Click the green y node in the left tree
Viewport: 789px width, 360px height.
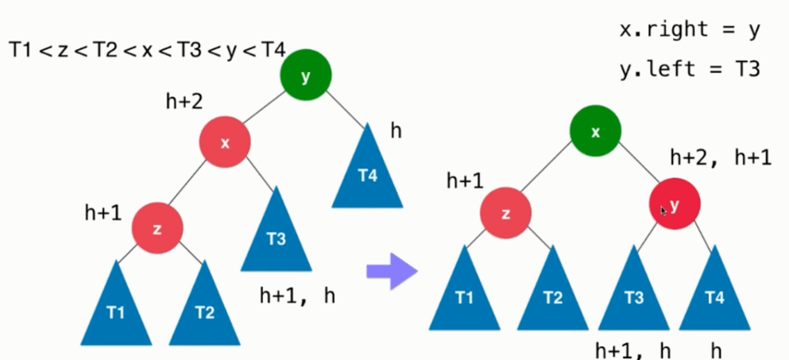306,75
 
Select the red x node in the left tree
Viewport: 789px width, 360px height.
225,142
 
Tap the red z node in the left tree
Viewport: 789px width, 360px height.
157,228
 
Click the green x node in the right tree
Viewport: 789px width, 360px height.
595,132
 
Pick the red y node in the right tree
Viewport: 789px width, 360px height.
675,205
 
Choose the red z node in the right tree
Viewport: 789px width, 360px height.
506,214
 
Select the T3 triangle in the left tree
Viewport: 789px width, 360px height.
276,234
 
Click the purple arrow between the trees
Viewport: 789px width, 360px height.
392,273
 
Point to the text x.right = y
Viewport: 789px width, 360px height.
690,30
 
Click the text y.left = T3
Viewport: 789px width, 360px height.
690,68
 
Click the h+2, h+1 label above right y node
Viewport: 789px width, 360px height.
720,157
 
